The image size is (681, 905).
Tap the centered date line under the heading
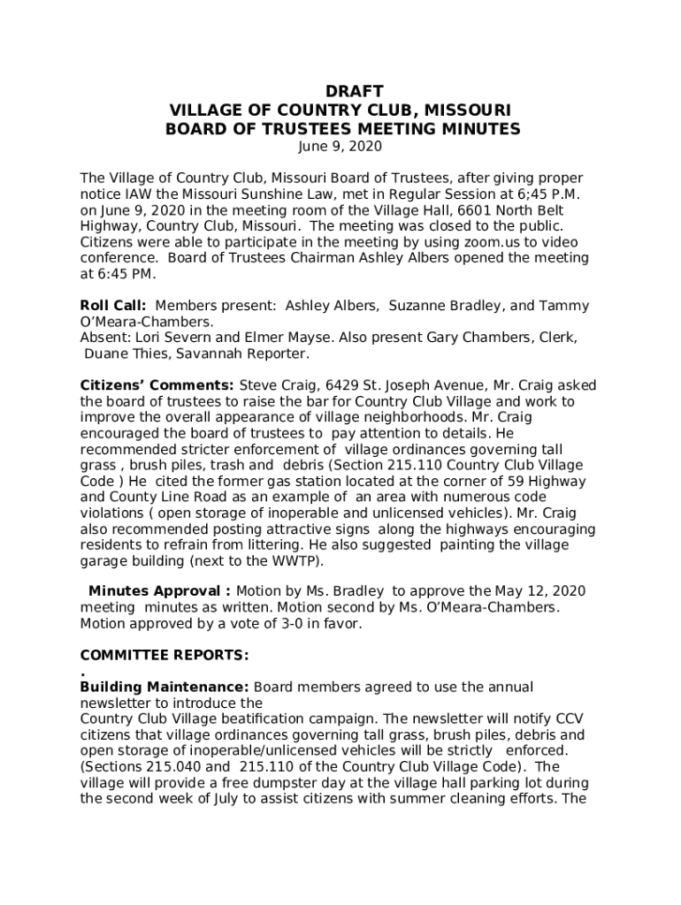pos(341,146)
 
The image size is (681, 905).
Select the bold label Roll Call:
pos(113,306)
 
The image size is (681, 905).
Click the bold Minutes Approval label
pos(159,591)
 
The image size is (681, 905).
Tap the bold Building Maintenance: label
pos(165,687)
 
